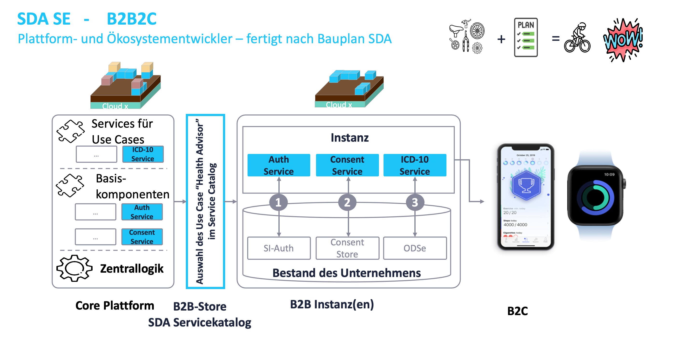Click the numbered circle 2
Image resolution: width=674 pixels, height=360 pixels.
point(347,202)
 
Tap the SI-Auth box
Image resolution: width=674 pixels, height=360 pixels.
point(279,248)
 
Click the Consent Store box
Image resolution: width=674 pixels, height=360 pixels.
point(347,248)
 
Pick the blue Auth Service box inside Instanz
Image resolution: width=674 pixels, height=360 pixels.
point(279,165)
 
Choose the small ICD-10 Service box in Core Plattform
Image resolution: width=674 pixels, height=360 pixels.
point(143,154)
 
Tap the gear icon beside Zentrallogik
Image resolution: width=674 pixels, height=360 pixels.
point(74,268)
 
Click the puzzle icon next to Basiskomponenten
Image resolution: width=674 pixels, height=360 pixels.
point(70,185)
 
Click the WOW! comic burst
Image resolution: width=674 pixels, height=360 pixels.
point(623,40)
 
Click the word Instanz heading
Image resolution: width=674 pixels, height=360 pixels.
point(349,138)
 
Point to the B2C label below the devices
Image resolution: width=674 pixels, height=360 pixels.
point(517,311)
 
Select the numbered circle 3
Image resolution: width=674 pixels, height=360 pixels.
point(415,202)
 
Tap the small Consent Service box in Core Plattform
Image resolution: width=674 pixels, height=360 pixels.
point(142,237)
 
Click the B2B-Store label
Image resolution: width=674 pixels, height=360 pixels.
point(200,306)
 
